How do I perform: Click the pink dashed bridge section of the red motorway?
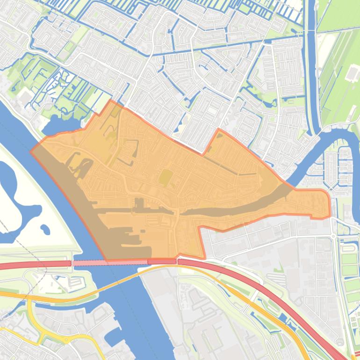108,263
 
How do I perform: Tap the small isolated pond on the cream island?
45,229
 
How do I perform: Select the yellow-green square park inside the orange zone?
165,177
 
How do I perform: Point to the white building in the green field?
352,73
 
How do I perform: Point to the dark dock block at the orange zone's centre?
139,205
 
